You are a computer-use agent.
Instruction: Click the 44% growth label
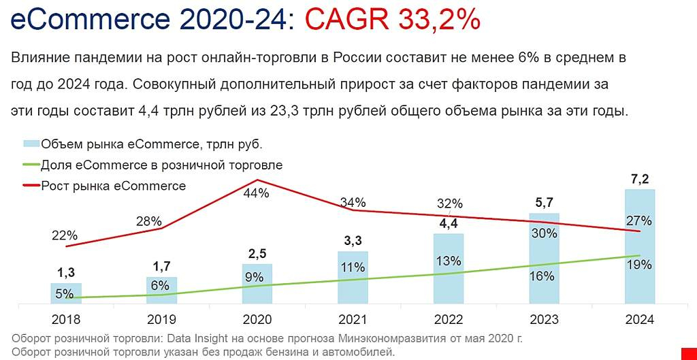click(257, 193)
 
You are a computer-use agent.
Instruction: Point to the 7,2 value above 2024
click(640, 179)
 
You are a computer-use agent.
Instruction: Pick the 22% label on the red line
click(64, 235)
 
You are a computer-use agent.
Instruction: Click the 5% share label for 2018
click(64, 294)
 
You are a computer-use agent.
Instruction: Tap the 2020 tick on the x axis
click(257, 320)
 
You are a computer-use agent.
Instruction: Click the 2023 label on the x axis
click(544, 320)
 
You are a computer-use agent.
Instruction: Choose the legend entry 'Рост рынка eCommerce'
click(113, 186)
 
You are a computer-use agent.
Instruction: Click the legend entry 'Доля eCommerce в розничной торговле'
click(161, 165)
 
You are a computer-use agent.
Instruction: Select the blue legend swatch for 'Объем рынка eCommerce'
click(31, 144)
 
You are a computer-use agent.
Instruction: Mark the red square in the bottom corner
click(689, 350)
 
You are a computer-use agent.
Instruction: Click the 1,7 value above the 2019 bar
click(161, 265)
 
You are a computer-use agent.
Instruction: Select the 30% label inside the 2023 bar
click(544, 233)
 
